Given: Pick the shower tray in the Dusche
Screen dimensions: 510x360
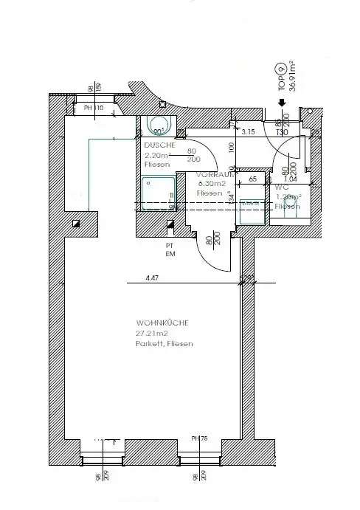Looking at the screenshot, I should click(156, 194).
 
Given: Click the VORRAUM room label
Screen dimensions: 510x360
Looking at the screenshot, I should click(215, 175).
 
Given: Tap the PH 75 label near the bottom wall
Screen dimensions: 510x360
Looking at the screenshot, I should click(199, 438).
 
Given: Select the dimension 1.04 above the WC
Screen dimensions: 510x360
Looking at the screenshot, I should click(291, 179).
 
